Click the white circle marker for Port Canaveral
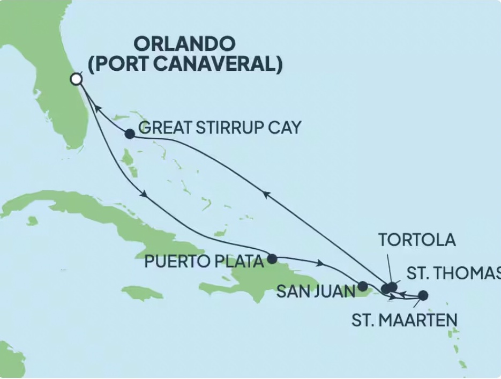coord(77,79)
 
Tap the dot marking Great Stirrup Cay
coord(130,134)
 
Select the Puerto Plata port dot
coord(272,259)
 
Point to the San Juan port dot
coord(363,286)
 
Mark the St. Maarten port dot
coord(423,295)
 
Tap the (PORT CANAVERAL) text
coord(185,64)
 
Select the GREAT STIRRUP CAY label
coord(220,128)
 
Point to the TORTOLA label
coord(417,240)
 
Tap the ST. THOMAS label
coord(453,273)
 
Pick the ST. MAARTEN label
coord(405,321)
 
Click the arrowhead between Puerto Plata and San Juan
coord(321,263)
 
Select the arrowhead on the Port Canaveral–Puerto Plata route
coord(144,195)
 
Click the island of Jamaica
coord(142,293)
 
